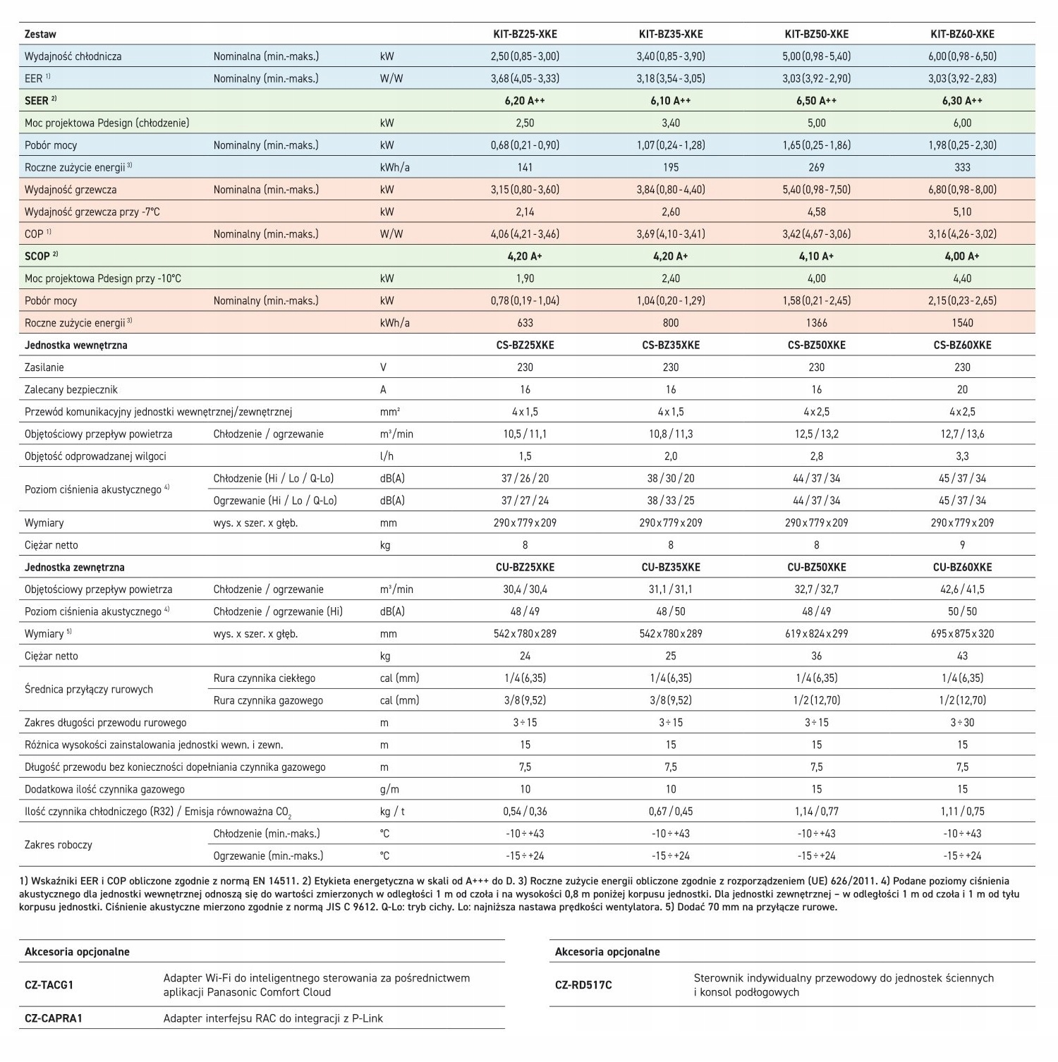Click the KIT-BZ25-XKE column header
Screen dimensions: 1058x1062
pos(525,34)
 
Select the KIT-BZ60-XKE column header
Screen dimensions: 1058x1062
pos(962,34)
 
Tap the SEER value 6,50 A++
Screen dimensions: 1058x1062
pos(816,101)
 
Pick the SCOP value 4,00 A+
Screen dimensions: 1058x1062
pos(962,256)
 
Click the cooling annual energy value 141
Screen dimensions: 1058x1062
pos(525,167)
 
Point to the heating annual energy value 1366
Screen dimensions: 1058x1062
pos(816,323)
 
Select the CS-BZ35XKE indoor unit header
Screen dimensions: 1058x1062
pos(671,345)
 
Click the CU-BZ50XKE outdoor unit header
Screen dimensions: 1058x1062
pos(816,567)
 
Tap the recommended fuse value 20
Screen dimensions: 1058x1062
pos(962,389)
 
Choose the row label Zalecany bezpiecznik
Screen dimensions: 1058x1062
pos(71,389)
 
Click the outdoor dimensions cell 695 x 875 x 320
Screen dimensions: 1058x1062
pos(962,633)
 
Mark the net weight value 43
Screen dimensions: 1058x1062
pos(962,656)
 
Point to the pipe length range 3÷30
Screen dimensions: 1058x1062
pos(962,722)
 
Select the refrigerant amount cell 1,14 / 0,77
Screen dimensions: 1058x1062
pos(816,812)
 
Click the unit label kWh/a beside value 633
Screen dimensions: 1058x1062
pos(394,323)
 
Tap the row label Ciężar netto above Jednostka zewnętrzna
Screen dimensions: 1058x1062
pos(51,545)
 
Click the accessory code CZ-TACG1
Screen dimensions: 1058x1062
pos(49,985)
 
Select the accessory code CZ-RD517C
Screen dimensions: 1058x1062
pos(583,985)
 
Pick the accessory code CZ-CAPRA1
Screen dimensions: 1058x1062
pos(54,1018)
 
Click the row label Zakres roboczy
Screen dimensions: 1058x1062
pos(59,845)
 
